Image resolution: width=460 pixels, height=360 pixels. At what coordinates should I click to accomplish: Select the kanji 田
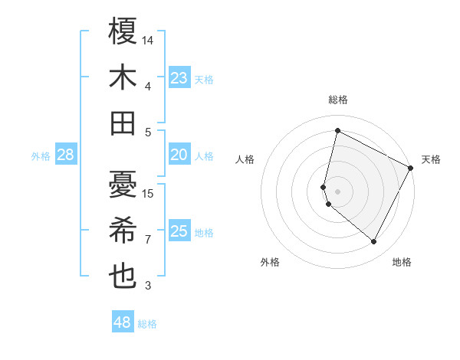(123, 123)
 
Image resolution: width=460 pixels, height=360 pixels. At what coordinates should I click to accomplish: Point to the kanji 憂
(123, 185)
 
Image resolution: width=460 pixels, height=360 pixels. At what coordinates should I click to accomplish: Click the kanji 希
(123, 231)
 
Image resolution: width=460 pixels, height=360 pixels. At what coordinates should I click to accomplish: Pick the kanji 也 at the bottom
(123, 277)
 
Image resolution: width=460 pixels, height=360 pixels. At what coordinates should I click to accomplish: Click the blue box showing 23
(179, 78)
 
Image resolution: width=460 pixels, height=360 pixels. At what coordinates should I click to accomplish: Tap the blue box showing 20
(179, 155)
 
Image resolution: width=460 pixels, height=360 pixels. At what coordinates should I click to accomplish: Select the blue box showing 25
(179, 232)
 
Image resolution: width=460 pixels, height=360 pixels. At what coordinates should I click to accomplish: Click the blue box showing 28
(66, 155)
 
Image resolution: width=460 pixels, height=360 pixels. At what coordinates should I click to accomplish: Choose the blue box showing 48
(123, 322)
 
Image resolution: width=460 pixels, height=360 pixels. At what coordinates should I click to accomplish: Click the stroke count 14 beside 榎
(149, 39)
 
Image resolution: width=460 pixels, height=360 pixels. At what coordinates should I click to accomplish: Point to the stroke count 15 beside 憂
(149, 193)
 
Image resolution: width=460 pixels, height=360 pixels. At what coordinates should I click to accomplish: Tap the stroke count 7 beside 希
(148, 240)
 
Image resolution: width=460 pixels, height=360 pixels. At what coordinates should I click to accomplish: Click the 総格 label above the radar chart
(338, 100)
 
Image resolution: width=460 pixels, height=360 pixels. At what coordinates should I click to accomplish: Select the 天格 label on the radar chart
(432, 159)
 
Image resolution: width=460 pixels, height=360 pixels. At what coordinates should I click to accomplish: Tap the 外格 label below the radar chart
(270, 262)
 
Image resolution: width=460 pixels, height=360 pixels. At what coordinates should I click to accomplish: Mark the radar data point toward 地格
(373, 242)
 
